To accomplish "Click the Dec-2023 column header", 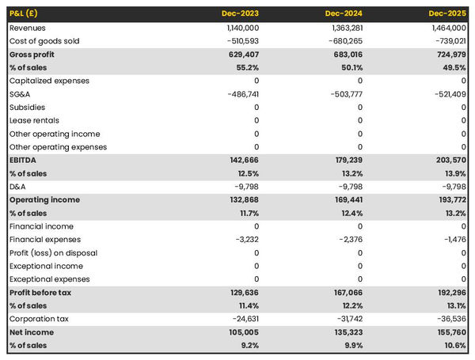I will pos(240,14).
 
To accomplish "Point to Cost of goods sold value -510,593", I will pos(239,41).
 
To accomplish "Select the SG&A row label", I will pos(21,94).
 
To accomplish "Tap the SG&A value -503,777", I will pos(344,94).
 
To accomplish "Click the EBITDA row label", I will pos(25,160).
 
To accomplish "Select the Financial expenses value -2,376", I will pos(348,240).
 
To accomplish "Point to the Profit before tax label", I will pos(40,293).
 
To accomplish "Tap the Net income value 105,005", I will pos(241,332).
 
